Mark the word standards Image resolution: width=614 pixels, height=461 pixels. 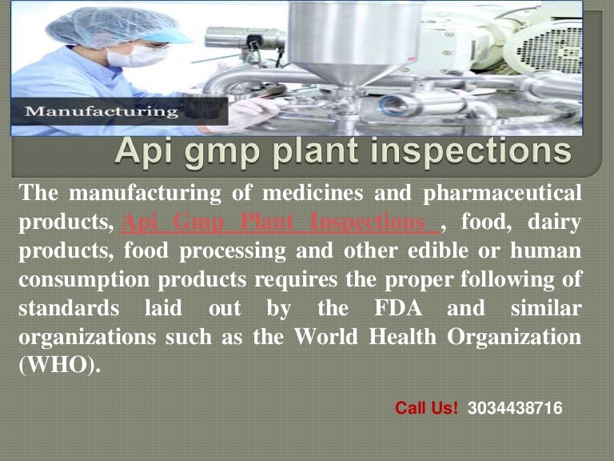click(65, 307)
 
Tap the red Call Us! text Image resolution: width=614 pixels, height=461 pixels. click(427, 408)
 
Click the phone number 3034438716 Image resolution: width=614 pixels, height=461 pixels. click(515, 408)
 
